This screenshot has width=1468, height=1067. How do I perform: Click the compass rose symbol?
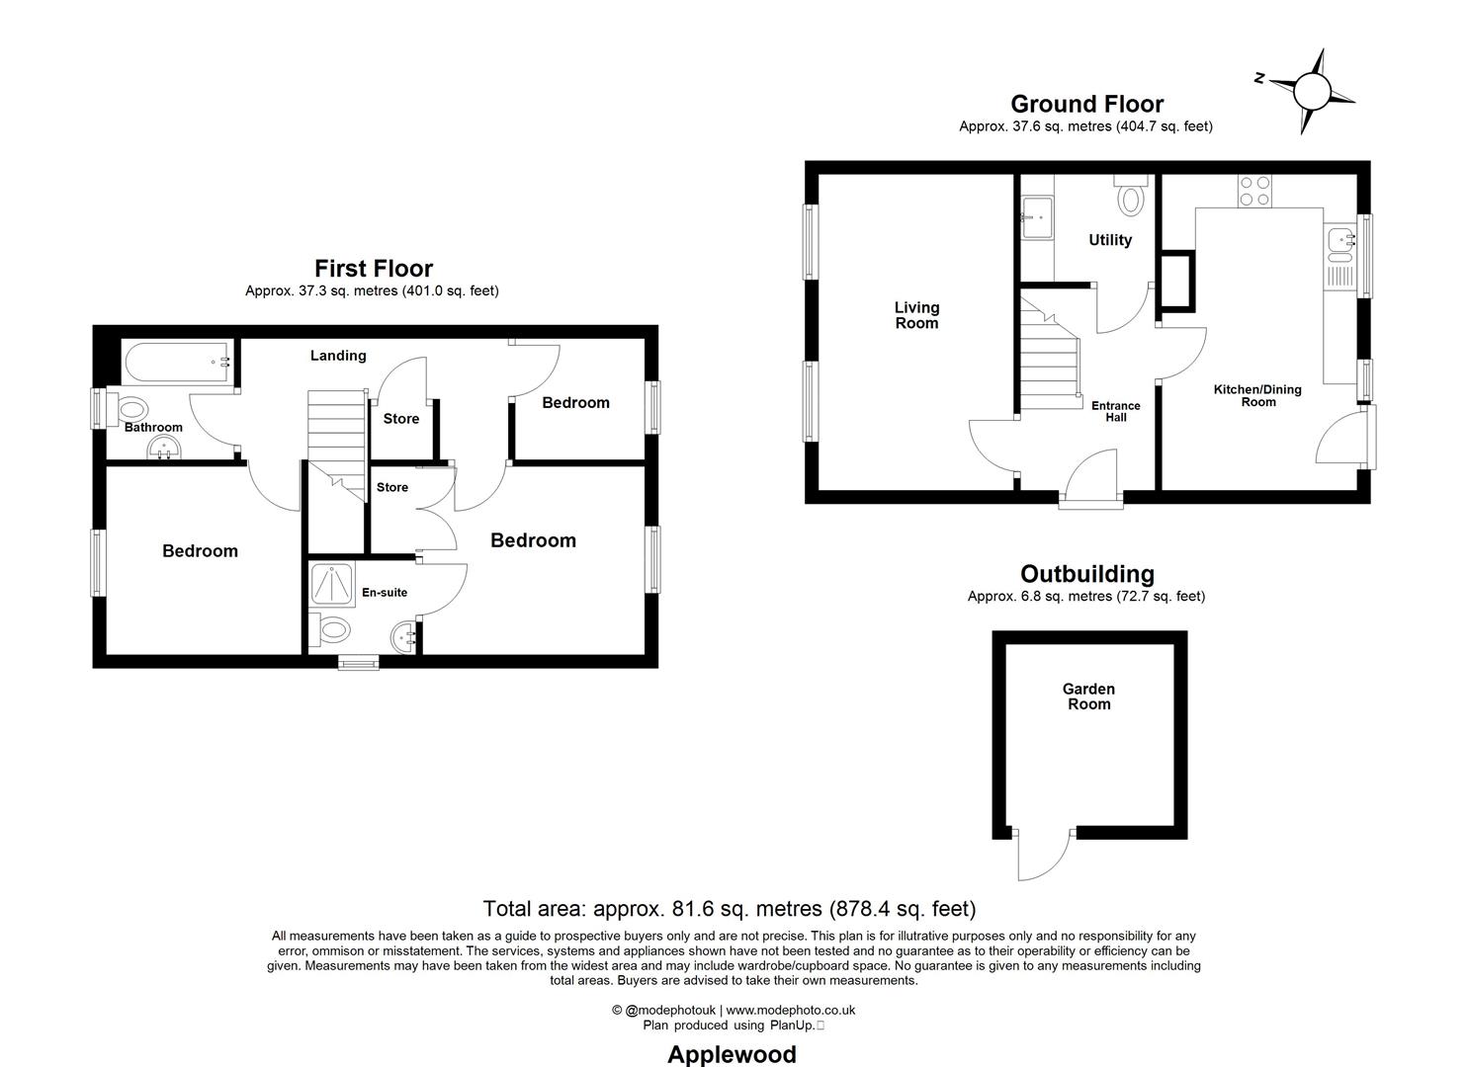click(x=1312, y=92)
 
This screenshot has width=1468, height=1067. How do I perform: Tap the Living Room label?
click(x=916, y=315)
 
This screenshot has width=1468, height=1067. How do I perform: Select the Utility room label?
click(x=1110, y=240)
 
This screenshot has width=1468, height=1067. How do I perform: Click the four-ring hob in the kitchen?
click(x=1255, y=191)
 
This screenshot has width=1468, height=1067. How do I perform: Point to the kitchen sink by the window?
click(x=1341, y=239)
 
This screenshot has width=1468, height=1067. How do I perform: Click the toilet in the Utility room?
click(x=1130, y=197)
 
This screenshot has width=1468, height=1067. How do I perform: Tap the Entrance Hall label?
click(x=1115, y=411)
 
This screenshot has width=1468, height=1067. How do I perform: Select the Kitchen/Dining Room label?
click(x=1257, y=395)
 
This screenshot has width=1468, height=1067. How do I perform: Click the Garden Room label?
click(x=1088, y=697)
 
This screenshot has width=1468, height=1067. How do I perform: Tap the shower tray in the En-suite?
click(x=333, y=584)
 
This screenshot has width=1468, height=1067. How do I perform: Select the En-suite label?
click(x=385, y=593)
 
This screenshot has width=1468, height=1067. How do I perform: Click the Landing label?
click(x=338, y=356)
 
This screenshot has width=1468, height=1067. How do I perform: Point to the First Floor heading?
click(x=374, y=268)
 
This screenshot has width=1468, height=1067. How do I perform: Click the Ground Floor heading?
click(x=1086, y=104)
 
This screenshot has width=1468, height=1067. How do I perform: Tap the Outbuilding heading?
click(x=1086, y=574)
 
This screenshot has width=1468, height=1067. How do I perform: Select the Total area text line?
click(x=729, y=908)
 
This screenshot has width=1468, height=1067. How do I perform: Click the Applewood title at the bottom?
click(x=732, y=1054)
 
